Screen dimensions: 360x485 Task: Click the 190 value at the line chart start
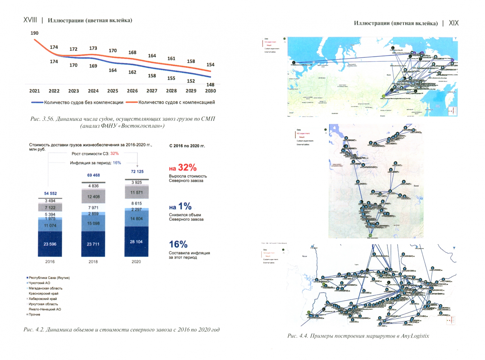(34, 33)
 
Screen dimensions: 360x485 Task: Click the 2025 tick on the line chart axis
(113, 91)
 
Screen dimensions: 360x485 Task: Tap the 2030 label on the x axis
(210, 91)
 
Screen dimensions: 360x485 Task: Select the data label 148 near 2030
(210, 85)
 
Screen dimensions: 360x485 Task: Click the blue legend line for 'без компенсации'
(37, 102)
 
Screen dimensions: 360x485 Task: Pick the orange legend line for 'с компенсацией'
(132, 102)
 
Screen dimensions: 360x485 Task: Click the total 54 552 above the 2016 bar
(50, 193)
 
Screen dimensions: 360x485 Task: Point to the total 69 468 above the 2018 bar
(93, 175)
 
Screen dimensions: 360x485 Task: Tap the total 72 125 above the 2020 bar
(137, 171)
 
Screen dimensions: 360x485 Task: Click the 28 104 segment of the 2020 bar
(136, 242)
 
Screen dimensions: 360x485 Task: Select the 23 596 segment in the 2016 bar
(50, 244)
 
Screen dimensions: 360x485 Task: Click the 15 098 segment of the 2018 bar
(93, 223)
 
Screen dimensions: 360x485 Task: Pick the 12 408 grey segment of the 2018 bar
(93, 197)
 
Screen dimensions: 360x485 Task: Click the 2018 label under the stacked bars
(93, 262)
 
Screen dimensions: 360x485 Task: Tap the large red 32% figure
(187, 167)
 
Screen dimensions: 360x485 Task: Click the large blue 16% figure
(178, 244)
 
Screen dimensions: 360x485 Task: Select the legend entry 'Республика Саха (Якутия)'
(49, 278)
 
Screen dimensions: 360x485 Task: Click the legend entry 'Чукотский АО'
(39, 283)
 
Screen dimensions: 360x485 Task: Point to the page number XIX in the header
(453, 23)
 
